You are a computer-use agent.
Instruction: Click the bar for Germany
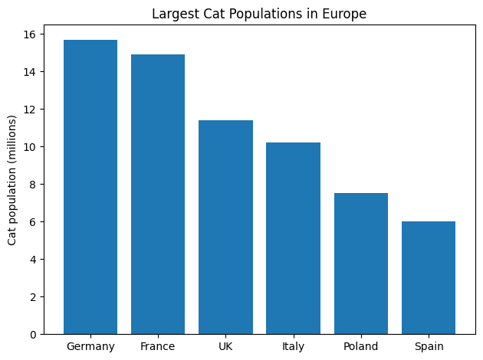pyautogui.click(x=90, y=187)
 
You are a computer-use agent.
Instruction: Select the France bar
pyautogui.click(x=158, y=195)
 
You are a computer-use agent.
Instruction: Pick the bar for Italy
pyautogui.click(x=293, y=238)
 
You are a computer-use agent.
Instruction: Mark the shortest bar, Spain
pyautogui.click(x=428, y=278)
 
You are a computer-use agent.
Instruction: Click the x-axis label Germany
pyautogui.click(x=90, y=347)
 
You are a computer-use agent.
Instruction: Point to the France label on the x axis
pyautogui.click(x=158, y=347)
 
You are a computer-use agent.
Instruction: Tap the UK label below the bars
pyautogui.click(x=225, y=347)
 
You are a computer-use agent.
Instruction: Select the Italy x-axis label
pyautogui.click(x=293, y=347)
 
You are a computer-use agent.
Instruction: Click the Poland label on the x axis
pyautogui.click(x=360, y=347)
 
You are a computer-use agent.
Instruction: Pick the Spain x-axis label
pyautogui.click(x=428, y=347)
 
